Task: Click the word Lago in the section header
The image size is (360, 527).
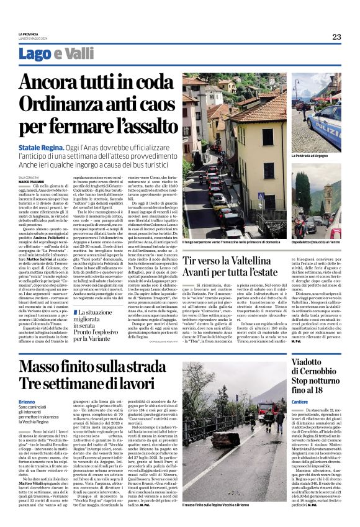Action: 52,54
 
